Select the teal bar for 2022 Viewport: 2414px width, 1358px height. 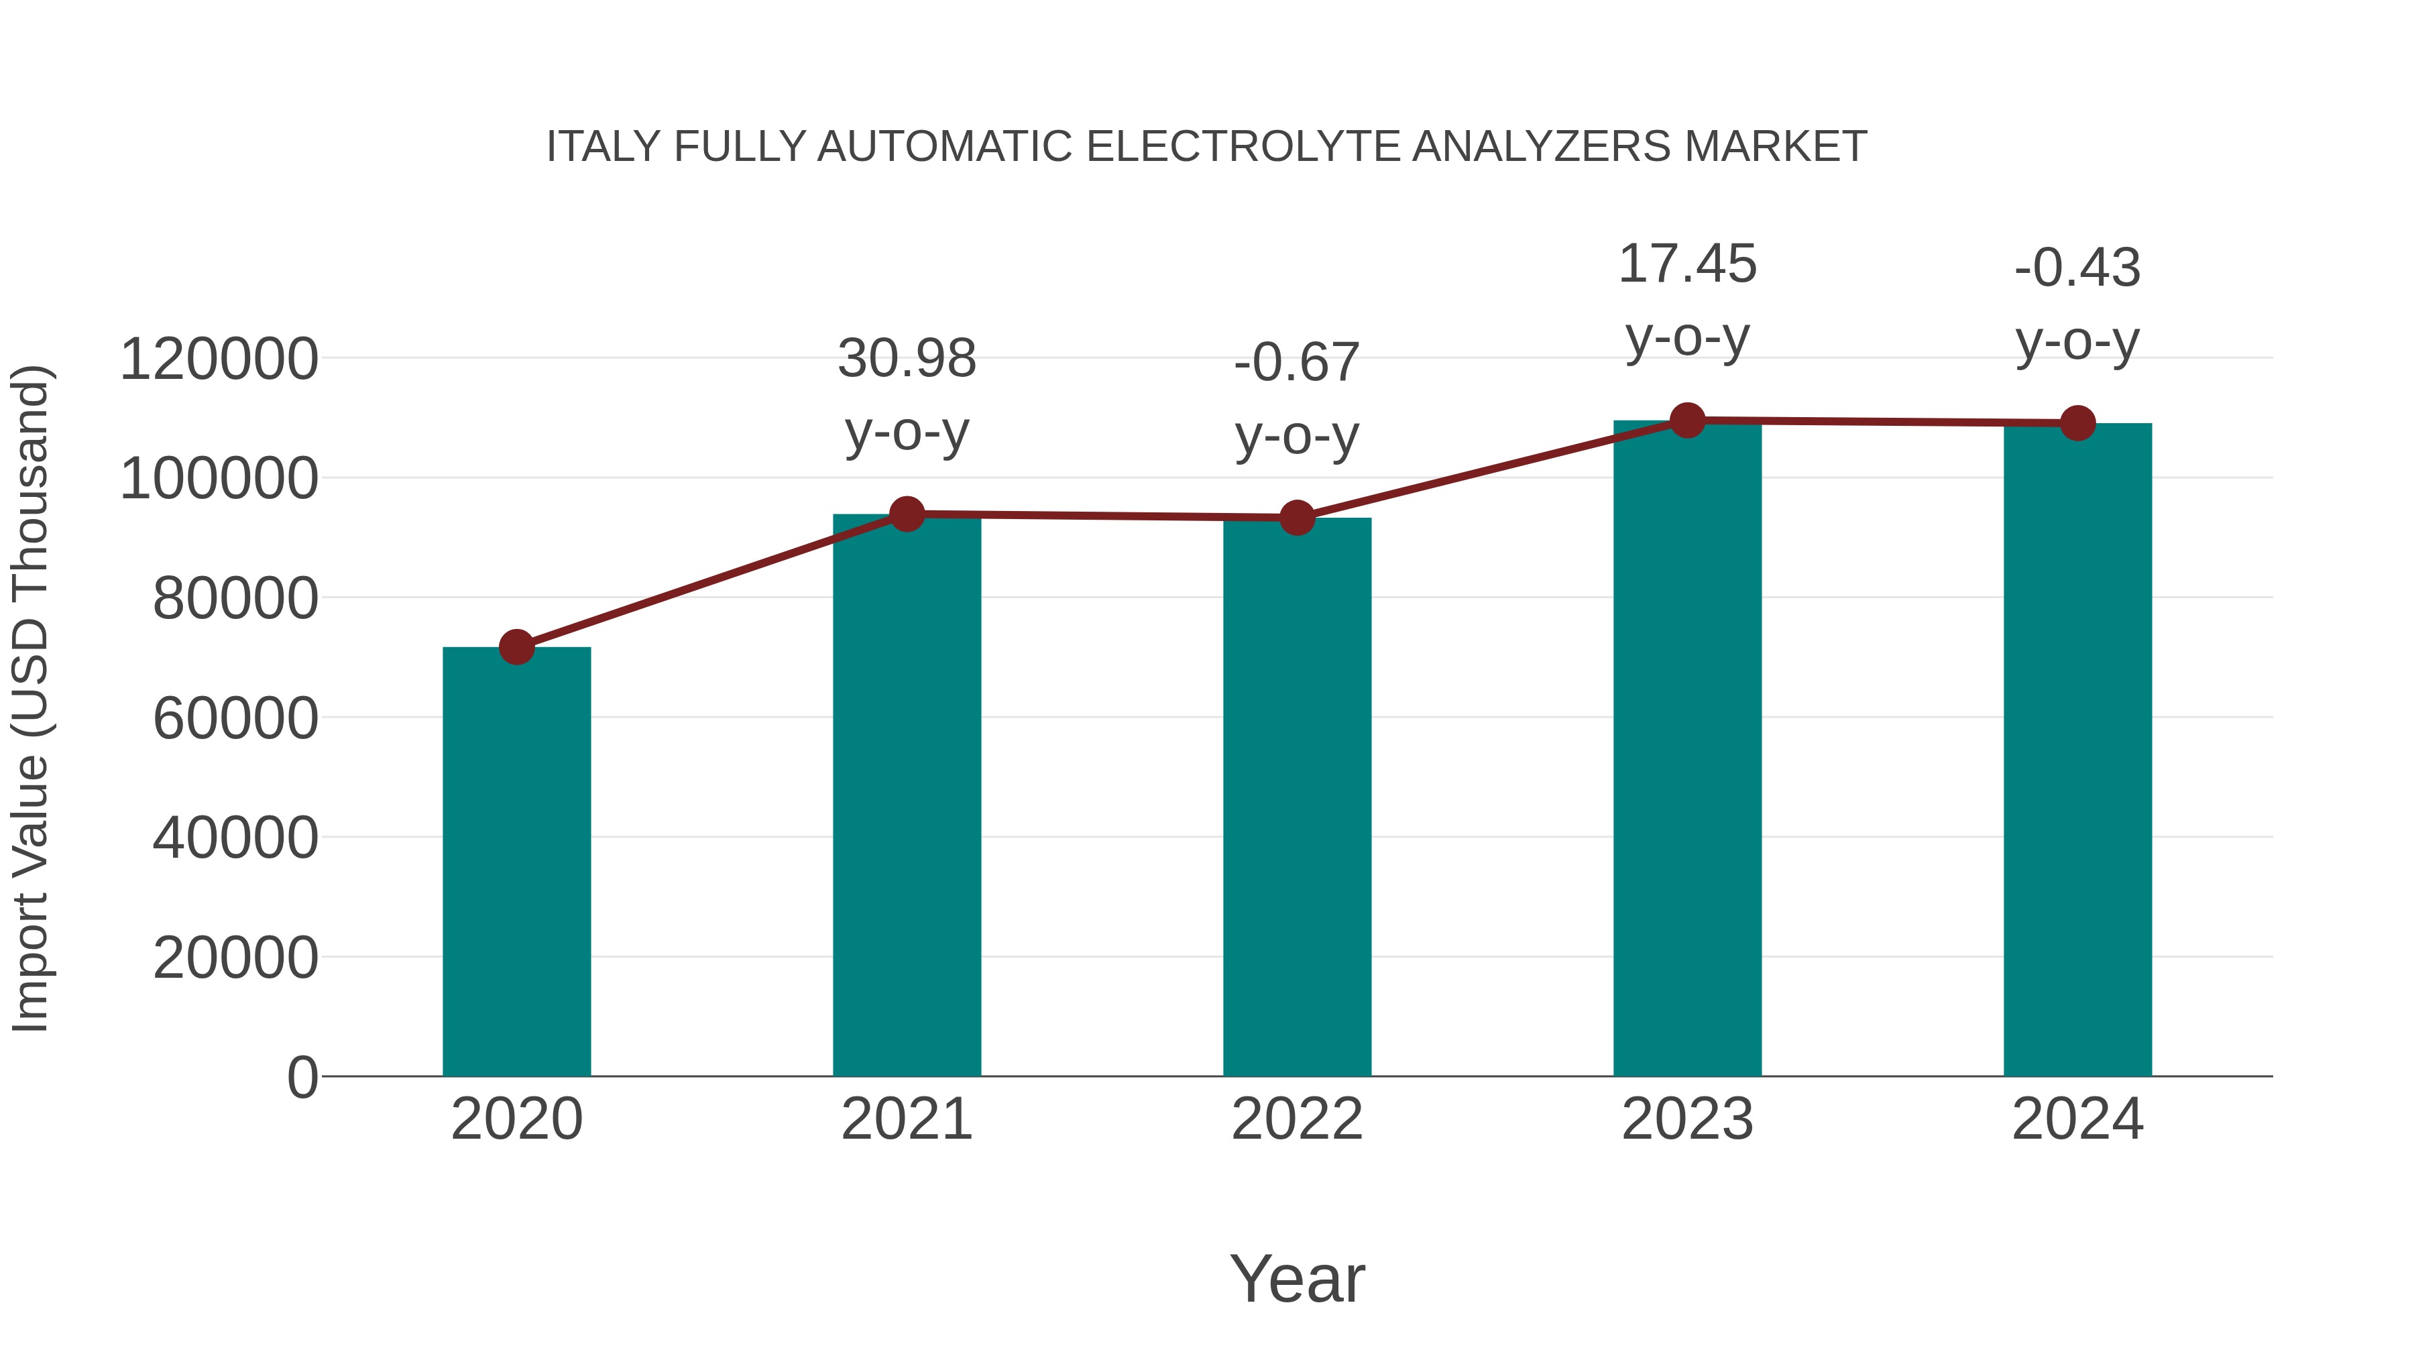click(x=1297, y=797)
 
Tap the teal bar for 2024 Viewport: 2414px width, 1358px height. click(x=2077, y=750)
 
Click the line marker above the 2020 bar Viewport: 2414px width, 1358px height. click(x=516, y=646)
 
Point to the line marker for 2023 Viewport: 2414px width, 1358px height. click(x=1687, y=420)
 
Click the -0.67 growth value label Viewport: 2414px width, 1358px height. click(x=1297, y=363)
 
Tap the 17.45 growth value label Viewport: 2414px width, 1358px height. click(x=1687, y=264)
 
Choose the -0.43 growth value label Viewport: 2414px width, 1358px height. click(x=2077, y=268)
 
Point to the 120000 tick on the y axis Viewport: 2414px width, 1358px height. click(x=219, y=360)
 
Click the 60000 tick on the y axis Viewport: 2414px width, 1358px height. click(x=235, y=719)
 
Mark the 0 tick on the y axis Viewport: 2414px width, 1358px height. click(x=302, y=1078)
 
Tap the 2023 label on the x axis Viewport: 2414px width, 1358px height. click(x=1687, y=1119)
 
